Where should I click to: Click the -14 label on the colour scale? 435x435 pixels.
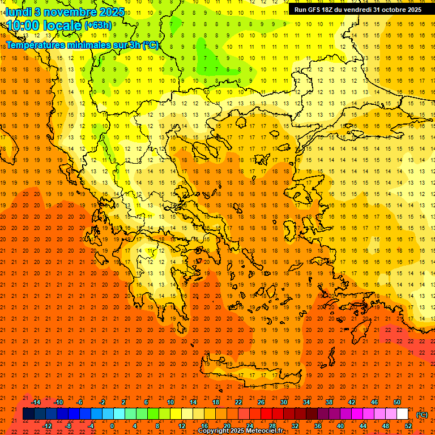coord(36,402)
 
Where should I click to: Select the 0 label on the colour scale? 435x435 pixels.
coord(112,426)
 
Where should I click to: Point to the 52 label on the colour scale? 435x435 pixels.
coord(408,426)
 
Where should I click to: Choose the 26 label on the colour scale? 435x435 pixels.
coord(261,402)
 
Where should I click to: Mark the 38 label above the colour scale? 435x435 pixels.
coord(329,402)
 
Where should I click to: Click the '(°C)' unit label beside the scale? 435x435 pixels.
coord(422,415)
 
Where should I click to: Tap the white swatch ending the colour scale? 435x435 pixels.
coord(403,414)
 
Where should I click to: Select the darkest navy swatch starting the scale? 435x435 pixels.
coord(28,414)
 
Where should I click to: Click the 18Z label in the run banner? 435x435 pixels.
coord(329,10)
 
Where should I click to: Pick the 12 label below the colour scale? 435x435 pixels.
coord(182,426)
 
